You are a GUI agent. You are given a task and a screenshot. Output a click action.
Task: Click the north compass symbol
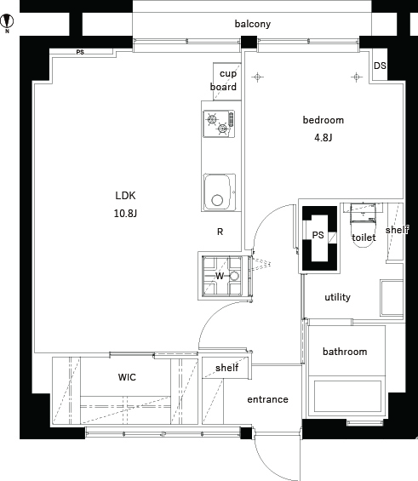[x=7, y=22]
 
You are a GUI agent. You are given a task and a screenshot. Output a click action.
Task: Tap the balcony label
[x=253, y=24]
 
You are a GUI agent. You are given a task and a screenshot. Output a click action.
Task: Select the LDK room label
[x=125, y=196]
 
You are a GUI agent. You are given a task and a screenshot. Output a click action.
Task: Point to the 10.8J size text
[x=125, y=213]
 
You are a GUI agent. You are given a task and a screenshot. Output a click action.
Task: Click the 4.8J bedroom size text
[x=324, y=138]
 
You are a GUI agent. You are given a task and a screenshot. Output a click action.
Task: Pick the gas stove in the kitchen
[x=219, y=123]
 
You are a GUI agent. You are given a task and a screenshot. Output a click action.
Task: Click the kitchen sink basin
[x=220, y=192]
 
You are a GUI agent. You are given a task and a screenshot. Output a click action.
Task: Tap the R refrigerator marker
[x=220, y=232]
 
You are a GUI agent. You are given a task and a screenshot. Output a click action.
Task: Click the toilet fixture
[x=364, y=225]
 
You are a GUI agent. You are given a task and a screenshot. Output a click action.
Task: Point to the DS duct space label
[x=380, y=66]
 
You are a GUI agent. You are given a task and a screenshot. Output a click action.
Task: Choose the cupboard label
[x=224, y=80]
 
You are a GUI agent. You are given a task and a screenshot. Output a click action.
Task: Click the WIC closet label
[x=127, y=377]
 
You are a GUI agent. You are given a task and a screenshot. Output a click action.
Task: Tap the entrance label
[x=267, y=399]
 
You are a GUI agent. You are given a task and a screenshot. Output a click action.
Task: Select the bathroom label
[x=345, y=352]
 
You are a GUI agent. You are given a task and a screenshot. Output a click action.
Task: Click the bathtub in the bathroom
[x=347, y=397]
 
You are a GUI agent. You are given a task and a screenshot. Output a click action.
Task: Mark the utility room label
[x=338, y=297]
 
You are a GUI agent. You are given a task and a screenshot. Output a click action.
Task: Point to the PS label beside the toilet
[x=318, y=235]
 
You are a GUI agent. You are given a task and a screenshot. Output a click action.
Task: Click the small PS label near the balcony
[x=80, y=53]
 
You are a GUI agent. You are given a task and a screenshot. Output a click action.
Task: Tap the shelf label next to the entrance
[x=227, y=368]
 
